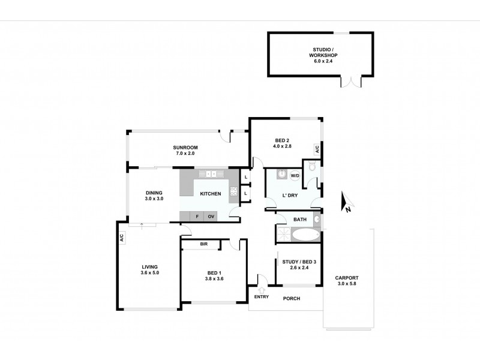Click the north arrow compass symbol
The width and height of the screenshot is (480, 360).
(344, 203)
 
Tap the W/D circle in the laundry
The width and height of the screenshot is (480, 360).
(295, 176)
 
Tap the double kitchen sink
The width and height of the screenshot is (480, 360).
(211, 174)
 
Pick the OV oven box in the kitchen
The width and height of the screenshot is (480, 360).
(211, 216)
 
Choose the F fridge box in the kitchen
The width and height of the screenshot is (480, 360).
(196, 216)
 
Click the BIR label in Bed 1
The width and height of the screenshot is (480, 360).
(203, 244)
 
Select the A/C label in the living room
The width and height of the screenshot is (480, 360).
(122, 237)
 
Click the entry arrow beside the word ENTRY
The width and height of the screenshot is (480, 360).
(261, 287)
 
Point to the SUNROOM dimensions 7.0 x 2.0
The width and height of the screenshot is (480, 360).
(185, 154)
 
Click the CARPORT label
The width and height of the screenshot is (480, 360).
(347, 277)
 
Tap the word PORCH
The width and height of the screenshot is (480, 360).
(291, 298)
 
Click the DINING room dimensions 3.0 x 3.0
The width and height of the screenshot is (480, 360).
(154, 199)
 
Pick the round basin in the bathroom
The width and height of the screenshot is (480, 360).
(317, 220)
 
